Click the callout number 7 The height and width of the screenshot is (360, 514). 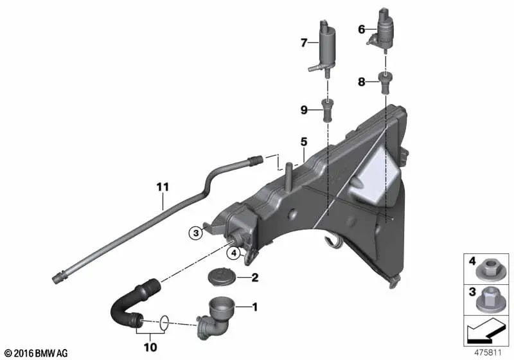305,43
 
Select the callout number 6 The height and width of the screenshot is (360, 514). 361,29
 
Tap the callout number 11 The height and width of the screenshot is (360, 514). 163,187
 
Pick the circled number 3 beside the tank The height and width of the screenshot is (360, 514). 195,233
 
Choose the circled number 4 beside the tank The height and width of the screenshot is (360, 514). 236,253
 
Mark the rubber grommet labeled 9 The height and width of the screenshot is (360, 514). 328,111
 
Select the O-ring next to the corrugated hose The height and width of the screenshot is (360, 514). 164,321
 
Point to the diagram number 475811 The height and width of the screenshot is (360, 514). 487,353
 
